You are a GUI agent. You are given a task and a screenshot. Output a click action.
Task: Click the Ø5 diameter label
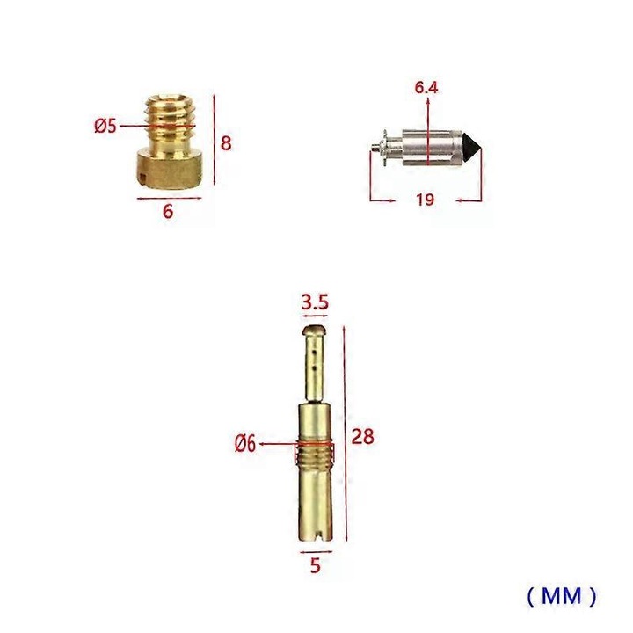(x=105, y=126)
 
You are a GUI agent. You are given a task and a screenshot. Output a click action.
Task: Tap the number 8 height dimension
(x=226, y=142)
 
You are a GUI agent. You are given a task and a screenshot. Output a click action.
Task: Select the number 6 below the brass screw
(x=169, y=212)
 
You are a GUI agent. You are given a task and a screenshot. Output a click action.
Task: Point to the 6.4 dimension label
(x=427, y=88)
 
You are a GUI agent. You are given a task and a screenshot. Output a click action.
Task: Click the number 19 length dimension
(x=425, y=200)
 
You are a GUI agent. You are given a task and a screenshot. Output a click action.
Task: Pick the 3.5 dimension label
(x=315, y=302)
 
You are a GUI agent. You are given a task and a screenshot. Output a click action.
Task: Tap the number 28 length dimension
(x=361, y=437)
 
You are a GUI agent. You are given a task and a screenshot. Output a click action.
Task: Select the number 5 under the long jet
(x=314, y=566)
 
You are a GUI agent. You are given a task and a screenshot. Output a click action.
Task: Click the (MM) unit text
(x=562, y=597)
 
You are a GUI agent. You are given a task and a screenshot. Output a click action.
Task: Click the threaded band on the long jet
(x=315, y=453)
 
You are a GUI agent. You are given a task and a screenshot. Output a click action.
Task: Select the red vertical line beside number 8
(x=214, y=142)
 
